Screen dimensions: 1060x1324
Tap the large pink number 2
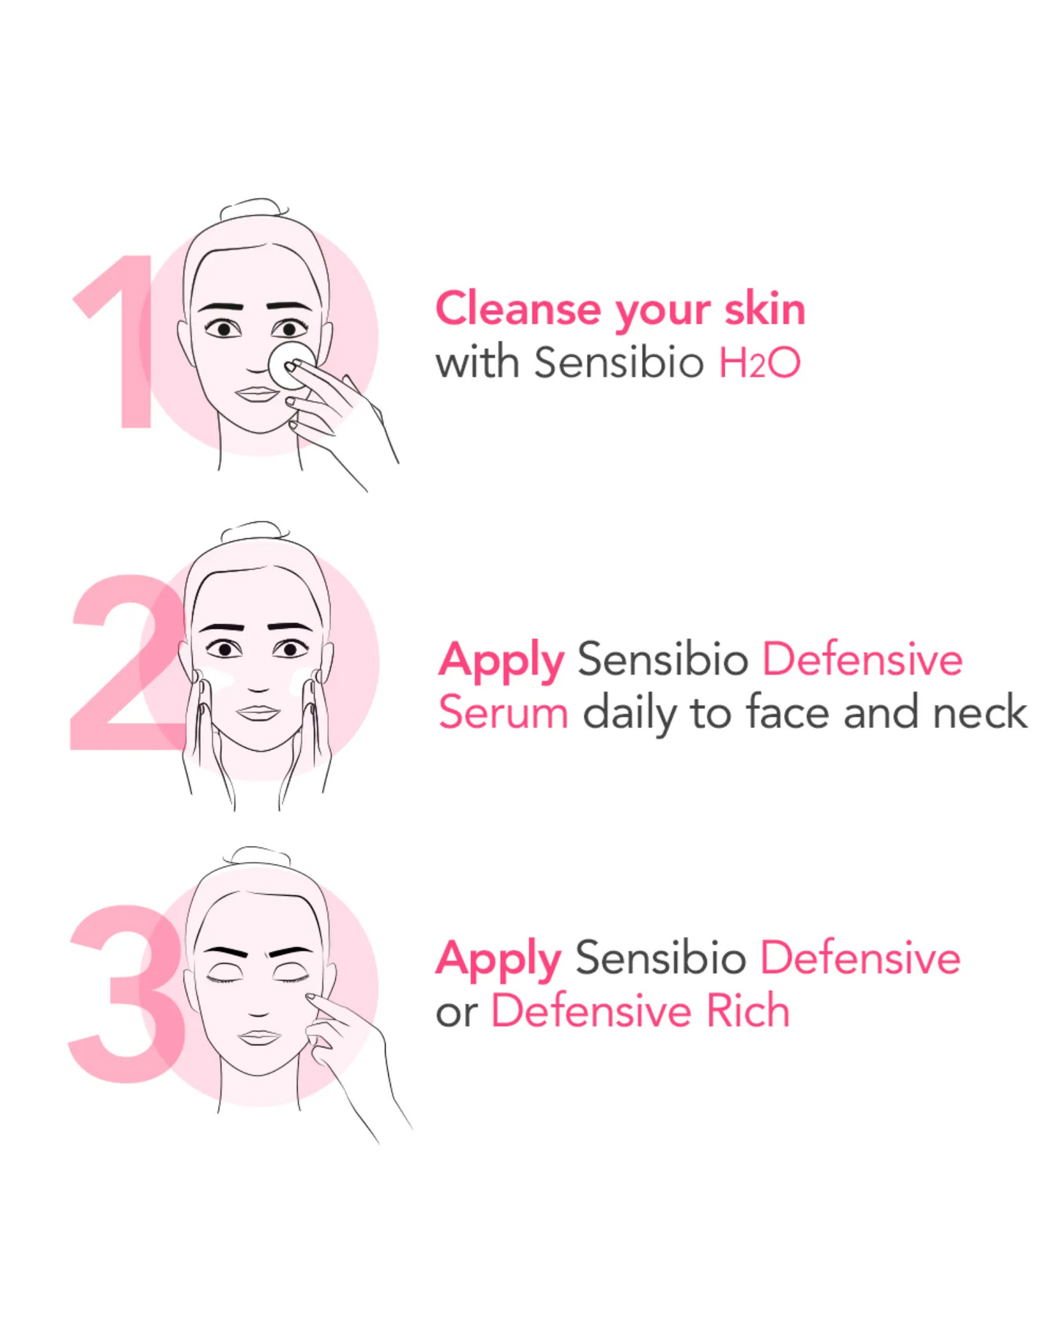[128, 663]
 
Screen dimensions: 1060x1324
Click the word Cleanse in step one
[518, 309]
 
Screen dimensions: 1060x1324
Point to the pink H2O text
[759, 362]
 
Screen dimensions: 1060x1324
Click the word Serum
[503, 713]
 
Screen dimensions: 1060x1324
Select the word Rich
[748, 1011]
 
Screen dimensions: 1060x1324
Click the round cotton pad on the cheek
[291, 364]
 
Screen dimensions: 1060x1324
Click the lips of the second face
[258, 712]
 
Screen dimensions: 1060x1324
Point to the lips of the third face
[258, 1037]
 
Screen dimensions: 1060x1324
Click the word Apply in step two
[501, 661]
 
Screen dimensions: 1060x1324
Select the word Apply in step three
[499, 959]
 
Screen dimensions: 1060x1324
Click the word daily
[630, 713]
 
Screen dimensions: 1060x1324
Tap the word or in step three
[456, 1014]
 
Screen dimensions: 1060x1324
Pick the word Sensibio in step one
[618, 362]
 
